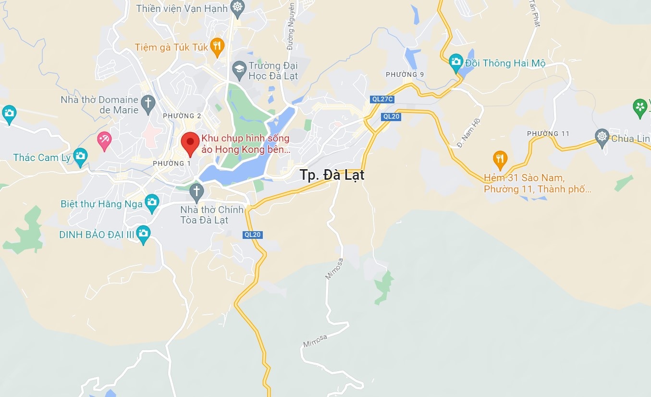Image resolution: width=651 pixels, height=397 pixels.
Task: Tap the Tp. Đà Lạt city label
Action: [332, 175]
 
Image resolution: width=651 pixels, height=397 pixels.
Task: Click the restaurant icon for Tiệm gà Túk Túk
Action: [217, 46]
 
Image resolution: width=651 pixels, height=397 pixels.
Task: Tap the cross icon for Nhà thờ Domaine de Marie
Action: [148, 102]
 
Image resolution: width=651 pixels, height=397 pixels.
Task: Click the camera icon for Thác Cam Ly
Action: [81, 156]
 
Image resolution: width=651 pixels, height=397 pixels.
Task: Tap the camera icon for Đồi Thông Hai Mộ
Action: [455, 62]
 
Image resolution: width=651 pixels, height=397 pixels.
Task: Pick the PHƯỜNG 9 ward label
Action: [405, 74]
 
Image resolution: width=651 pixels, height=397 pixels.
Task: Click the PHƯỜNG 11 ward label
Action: [548, 134]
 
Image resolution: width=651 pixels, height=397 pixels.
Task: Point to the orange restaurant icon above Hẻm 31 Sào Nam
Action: [500, 158]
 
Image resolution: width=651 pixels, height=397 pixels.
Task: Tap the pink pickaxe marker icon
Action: [104, 140]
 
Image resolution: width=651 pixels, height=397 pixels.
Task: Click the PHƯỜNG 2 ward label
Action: [182, 116]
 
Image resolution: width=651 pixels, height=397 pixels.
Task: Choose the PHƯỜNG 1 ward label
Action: [172, 163]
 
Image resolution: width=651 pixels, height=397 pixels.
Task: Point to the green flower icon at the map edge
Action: [640, 108]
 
